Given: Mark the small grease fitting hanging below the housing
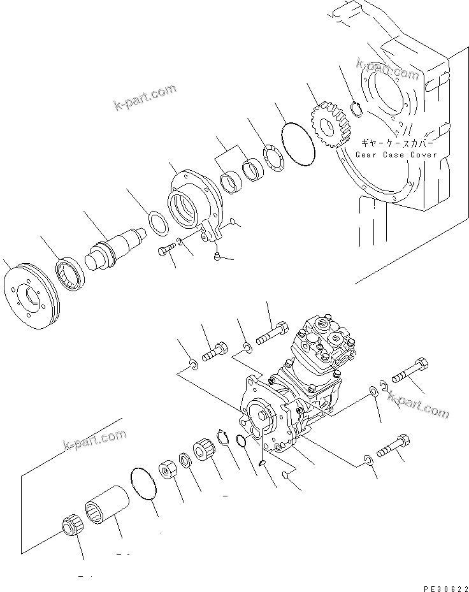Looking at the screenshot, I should point(218,256).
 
